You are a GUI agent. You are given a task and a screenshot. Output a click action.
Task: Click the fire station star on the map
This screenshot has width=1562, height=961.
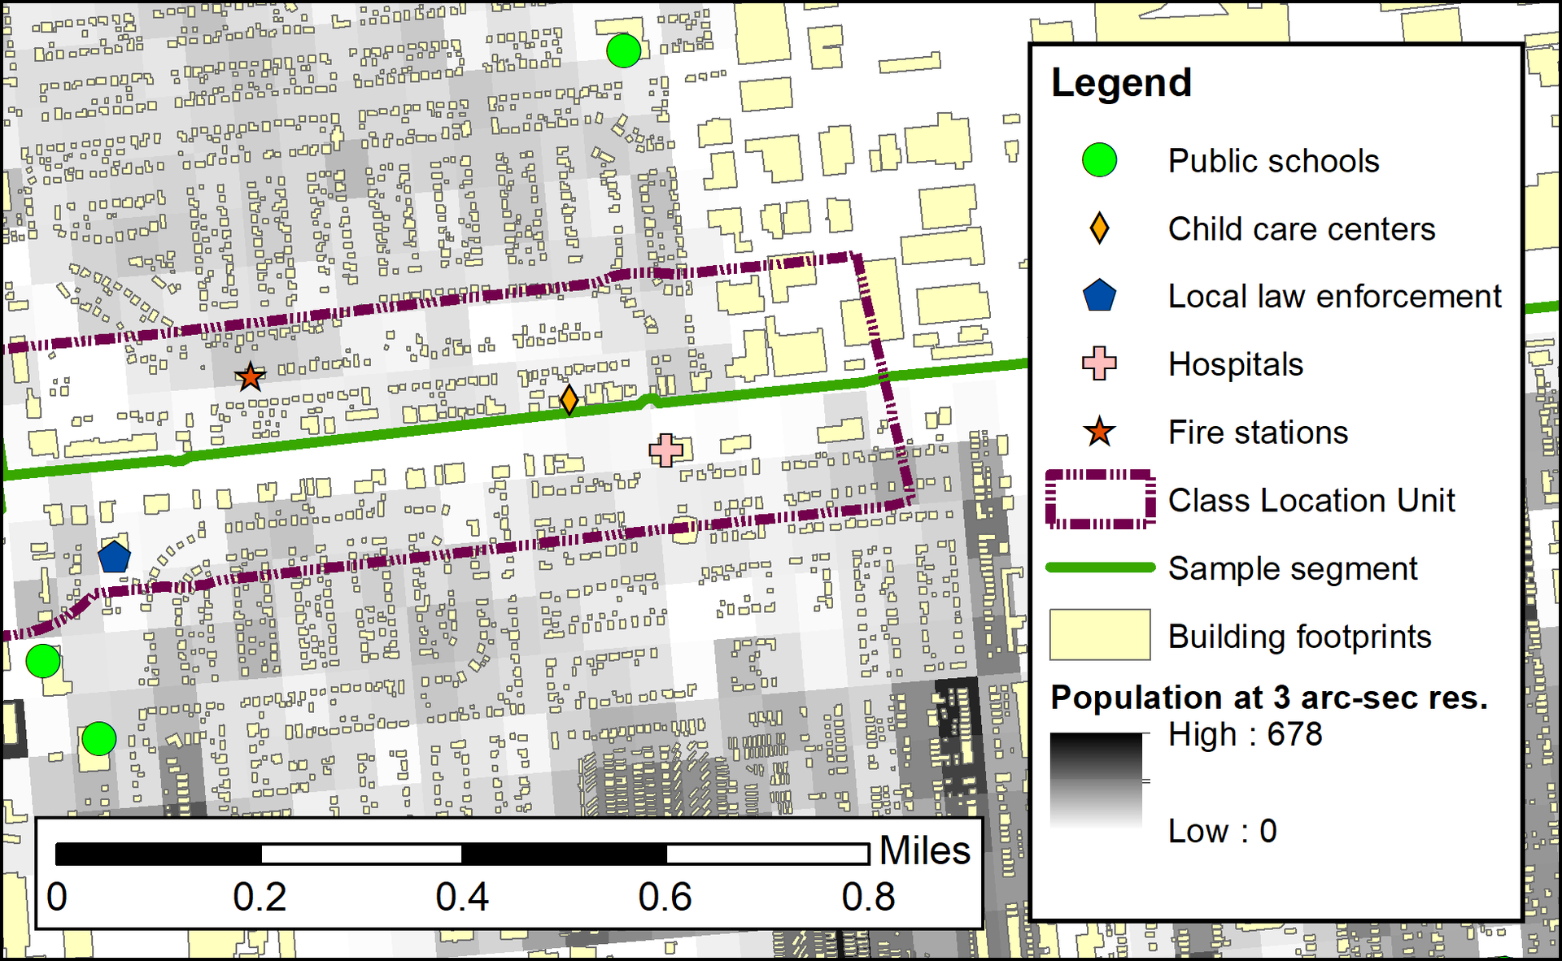(x=250, y=376)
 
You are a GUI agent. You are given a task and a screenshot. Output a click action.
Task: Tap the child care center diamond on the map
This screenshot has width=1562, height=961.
(x=569, y=400)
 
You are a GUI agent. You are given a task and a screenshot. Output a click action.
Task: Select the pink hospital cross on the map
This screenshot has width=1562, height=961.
(x=665, y=450)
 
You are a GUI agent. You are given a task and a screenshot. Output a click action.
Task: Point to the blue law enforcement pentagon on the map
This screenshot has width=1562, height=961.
(x=114, y=557)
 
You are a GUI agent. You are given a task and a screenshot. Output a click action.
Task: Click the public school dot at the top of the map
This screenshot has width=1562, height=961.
(x=623, y=51)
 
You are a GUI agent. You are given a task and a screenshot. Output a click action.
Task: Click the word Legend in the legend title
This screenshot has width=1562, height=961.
(x=1121, y=83)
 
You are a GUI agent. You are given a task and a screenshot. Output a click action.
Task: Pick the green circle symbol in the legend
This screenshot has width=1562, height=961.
(x=1099, y=160)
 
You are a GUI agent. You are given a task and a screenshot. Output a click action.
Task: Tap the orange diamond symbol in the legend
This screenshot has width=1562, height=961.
(x=1099, y=228)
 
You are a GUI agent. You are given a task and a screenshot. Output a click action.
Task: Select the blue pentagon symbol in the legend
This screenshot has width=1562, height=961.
(x=1099, y=296)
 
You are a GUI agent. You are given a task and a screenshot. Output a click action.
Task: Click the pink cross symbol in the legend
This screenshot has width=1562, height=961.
(x=1099, y=363)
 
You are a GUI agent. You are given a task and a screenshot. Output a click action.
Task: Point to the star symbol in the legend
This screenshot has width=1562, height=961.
(x=1099, y=432)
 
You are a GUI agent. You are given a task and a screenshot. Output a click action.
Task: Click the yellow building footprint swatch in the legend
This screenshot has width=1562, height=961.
(x=1100, y=635)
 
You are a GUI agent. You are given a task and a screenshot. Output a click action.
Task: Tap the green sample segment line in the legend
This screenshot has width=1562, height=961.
(x=1100, y=567)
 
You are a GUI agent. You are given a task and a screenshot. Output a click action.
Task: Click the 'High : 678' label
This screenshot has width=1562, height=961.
(x=1245, y=734)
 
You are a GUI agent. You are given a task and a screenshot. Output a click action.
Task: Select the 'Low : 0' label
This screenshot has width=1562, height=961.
(x=1222, y=831)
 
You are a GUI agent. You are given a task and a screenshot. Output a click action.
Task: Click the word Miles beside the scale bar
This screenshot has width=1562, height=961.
(x=924, y=850)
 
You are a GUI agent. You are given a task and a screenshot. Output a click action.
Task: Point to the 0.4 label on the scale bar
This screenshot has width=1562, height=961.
(x=462, y=897)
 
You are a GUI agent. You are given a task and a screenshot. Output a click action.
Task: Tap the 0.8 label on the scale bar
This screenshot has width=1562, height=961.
(x=868, y=897)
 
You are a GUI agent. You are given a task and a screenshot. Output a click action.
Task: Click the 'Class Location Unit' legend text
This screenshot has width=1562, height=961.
(x=1311, y=500)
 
